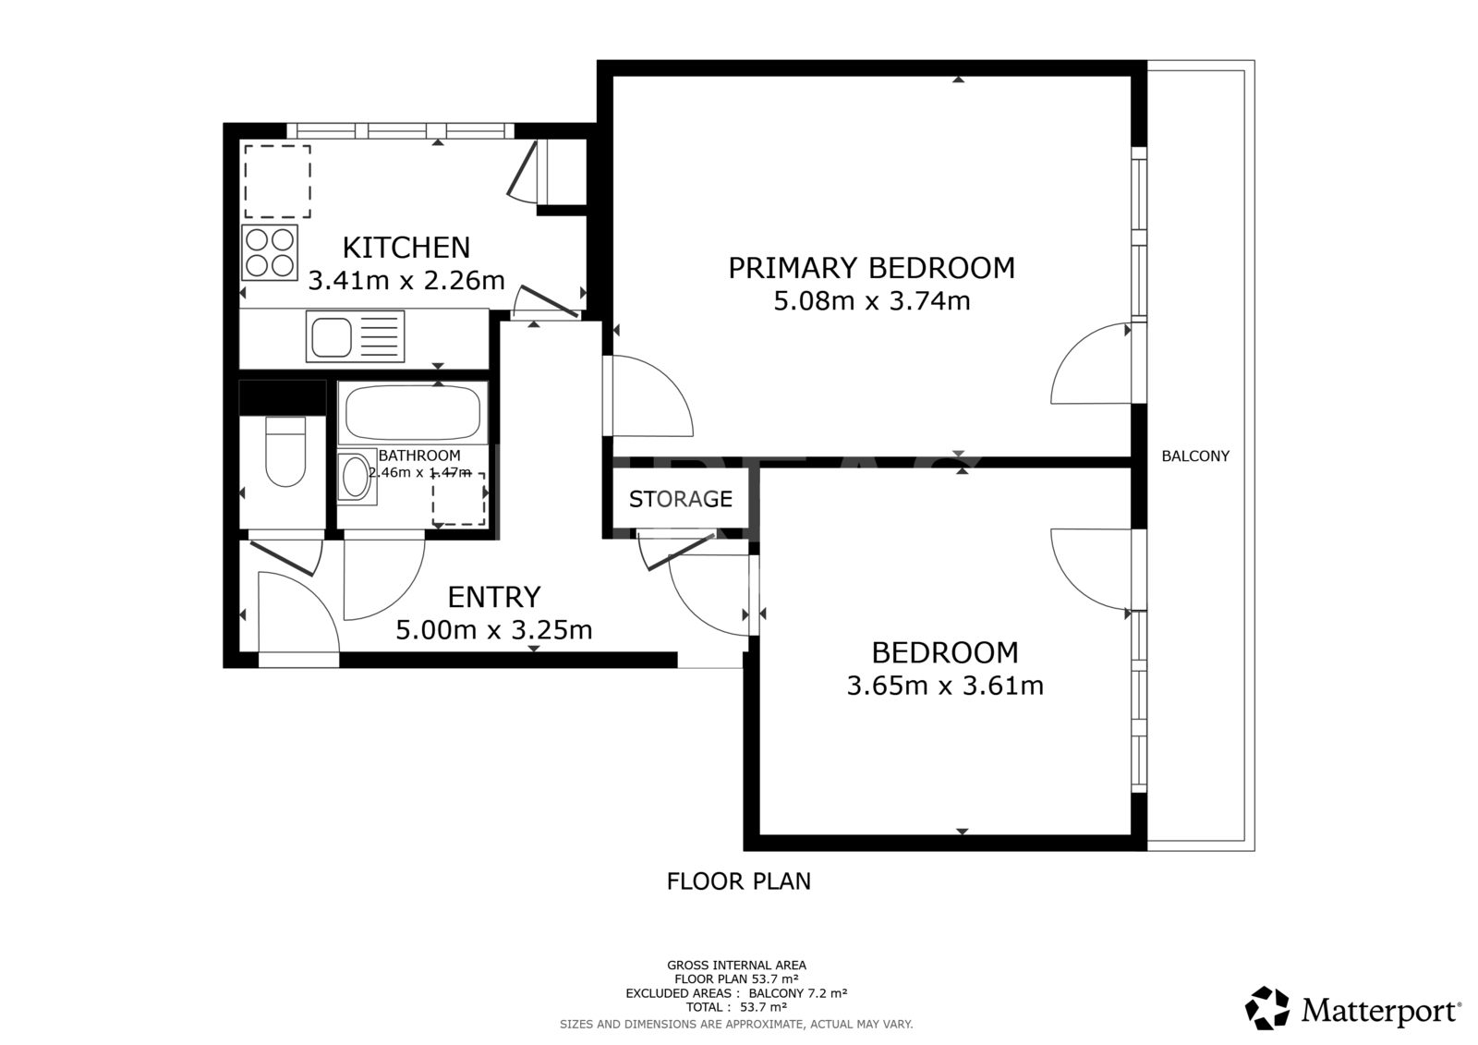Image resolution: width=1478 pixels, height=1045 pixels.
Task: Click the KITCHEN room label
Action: pos(406,248)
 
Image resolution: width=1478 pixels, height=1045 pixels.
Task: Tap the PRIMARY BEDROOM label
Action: pos(872,268)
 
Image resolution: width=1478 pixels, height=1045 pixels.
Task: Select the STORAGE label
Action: pos(681,499)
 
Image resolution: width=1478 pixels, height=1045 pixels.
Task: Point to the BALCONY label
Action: pos(1195,456)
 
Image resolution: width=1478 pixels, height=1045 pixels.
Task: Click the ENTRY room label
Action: pos(494,598)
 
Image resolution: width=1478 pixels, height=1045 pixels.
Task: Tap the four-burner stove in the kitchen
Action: pos(269,253)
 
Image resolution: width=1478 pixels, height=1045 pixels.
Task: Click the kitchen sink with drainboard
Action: pos(355,336)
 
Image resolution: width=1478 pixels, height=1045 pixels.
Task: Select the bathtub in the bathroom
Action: pos(413,413)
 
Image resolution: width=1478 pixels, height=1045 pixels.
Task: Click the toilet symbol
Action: pos(285,451)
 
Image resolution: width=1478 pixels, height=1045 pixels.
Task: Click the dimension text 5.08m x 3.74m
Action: pos(872,302)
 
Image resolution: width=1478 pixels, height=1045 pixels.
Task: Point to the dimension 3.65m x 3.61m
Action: pos(945,686)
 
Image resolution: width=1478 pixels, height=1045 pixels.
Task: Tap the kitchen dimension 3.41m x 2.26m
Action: pos(406,281)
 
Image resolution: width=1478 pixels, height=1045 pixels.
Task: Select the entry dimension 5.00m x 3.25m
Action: pos(494,630)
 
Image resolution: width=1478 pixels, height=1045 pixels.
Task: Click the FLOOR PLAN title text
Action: pos(739,881)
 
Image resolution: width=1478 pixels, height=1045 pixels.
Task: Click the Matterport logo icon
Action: pos(1266,1008)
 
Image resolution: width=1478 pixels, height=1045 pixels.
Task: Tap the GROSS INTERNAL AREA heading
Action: pos(736,966)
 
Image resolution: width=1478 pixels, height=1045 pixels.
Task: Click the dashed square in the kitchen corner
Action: pos(278,181)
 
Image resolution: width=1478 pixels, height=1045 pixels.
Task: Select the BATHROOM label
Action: pos(419,456)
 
